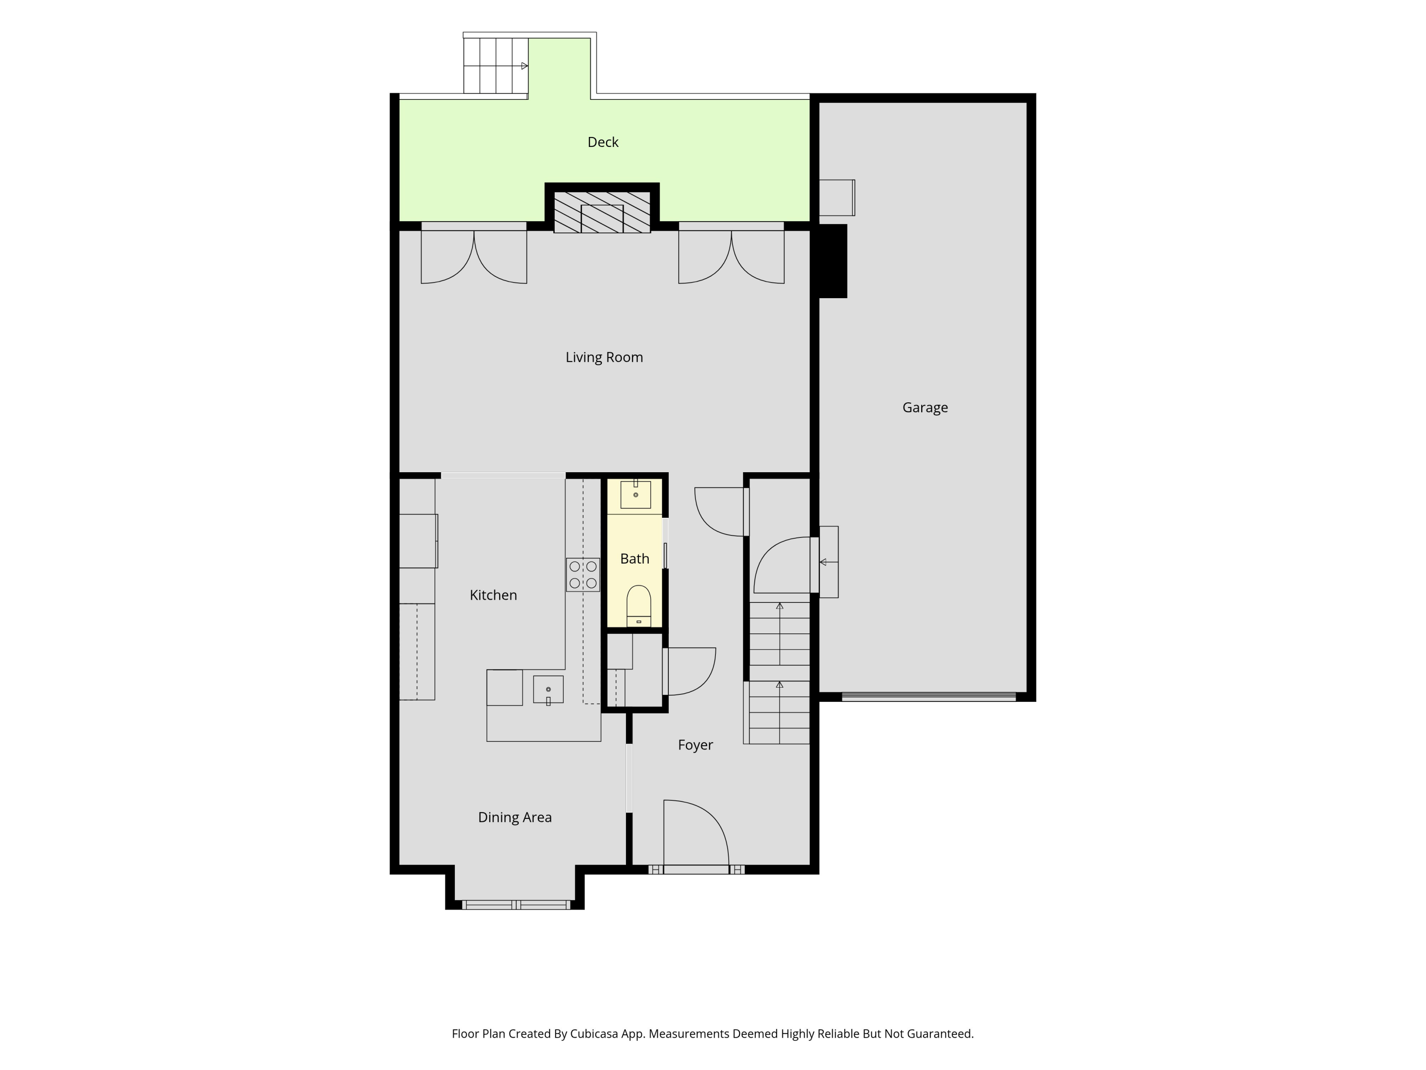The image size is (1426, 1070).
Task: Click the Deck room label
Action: tap(603, 142)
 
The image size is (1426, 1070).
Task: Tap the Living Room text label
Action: tap(604, 357)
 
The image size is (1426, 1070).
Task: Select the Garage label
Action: tap(925, 408)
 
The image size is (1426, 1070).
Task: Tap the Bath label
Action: tap(635, 559)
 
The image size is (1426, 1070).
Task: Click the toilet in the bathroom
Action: tap(639, 606)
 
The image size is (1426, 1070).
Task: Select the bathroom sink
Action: tap(636, 495)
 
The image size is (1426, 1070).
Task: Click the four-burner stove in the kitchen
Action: tap(583, 574)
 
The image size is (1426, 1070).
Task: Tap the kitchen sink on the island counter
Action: tap(548, 690)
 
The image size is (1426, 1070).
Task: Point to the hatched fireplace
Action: tap(602, 212)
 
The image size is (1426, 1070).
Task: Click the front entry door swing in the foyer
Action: tap(696, 833)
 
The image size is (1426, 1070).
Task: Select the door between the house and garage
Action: tap(782, 565)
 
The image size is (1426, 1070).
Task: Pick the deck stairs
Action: tap(496, 66)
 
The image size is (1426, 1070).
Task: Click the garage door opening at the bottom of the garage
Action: tap(929, 697)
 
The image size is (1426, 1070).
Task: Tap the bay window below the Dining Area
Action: tap(516, 905)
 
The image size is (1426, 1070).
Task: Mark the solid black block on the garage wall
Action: tap(833, 261)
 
